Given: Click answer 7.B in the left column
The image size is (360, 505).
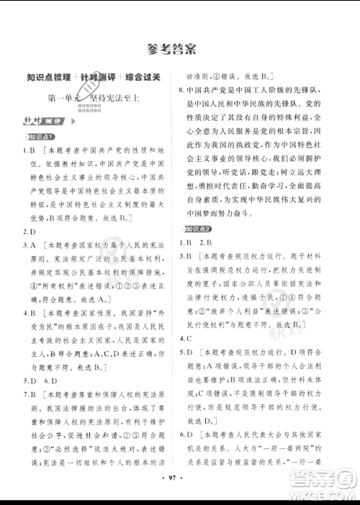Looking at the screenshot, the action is (30, 394).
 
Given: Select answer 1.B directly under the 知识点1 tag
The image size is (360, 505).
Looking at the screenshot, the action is (30, 150).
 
